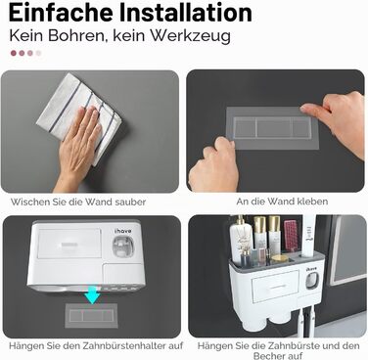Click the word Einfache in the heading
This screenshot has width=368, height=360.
point(61,13)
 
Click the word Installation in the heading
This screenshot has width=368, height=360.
point(185,13)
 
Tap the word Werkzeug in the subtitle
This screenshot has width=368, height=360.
point(190,36)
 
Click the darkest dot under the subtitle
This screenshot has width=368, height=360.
point(14,53)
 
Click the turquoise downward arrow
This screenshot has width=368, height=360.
point(92,294)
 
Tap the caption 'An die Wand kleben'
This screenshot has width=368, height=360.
point(282,202)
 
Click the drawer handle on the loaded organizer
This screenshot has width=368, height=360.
point(275,286)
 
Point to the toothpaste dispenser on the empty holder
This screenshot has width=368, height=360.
point(123,246)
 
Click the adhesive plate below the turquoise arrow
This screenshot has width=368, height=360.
point(91,315)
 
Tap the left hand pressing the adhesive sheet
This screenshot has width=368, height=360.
point(213,165)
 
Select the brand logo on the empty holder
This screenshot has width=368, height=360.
point(123,231)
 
